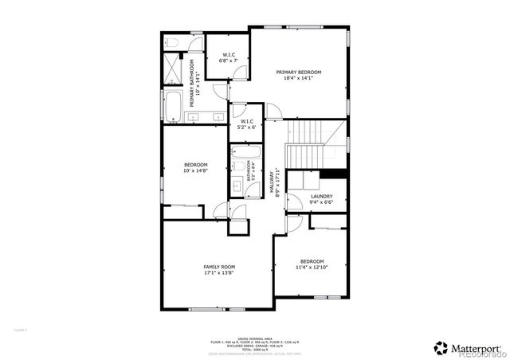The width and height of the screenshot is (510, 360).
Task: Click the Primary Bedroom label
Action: pos(298,75)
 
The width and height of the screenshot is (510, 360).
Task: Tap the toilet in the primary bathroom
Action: pos(172,41)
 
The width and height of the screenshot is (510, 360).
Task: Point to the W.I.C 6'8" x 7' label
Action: pos(227,58)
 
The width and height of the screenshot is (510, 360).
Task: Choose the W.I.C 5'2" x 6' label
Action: pos(246,124)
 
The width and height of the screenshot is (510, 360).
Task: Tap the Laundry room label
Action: pos(321,199)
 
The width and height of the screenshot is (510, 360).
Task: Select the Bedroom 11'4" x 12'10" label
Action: pos(312,264)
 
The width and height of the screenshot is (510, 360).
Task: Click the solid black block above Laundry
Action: pos(334,174)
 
